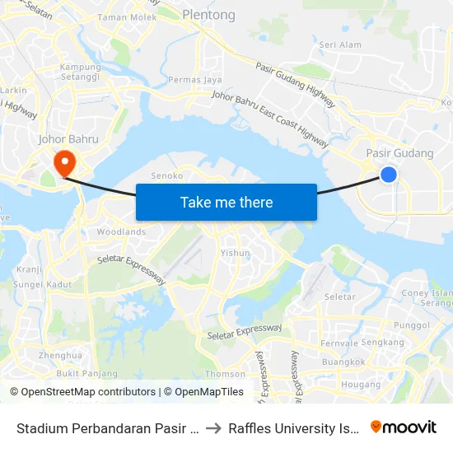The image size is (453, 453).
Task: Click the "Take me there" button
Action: point(226,202)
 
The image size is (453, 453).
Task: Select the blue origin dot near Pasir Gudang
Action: point(389,174)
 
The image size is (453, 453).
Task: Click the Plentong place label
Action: point(208,15)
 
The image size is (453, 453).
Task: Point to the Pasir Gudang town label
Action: point(399,153)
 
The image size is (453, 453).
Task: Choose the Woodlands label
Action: point(121,232)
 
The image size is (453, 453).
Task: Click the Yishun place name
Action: point(236,253)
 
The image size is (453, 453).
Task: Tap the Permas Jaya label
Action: point(195,80)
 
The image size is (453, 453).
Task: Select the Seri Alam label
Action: point(340,45)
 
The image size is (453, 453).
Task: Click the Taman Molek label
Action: point(127,17)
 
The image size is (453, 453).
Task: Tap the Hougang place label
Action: point(361,384)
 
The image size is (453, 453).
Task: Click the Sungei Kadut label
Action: point(37,284)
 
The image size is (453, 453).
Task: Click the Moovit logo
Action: point(403,427)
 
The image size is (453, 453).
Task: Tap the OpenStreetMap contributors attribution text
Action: point(84,392)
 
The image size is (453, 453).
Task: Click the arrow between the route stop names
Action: point(212,427)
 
